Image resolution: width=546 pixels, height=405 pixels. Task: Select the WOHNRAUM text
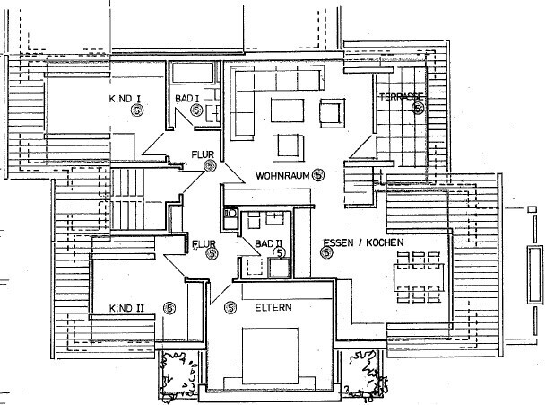(x=282, y=174)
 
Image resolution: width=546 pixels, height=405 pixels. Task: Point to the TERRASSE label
(x=401, y=96)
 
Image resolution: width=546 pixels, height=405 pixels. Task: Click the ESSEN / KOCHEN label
(x=362, y=242)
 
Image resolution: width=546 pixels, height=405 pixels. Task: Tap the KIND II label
(x=126, y=308)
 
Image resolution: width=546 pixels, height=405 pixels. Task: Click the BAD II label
(x=269, y=242)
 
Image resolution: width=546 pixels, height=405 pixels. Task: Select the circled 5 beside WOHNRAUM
(x=318, y=174)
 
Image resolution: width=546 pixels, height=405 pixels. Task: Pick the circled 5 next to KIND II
(x=169, y=308)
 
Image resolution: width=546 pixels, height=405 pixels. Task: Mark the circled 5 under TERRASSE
(x=418, y=109)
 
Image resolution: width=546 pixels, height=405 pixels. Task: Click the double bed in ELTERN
(x=274, y=355)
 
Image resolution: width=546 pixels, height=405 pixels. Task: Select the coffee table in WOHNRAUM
(x=289, y=110)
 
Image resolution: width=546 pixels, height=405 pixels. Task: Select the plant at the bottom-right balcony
(x=364, y=370)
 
